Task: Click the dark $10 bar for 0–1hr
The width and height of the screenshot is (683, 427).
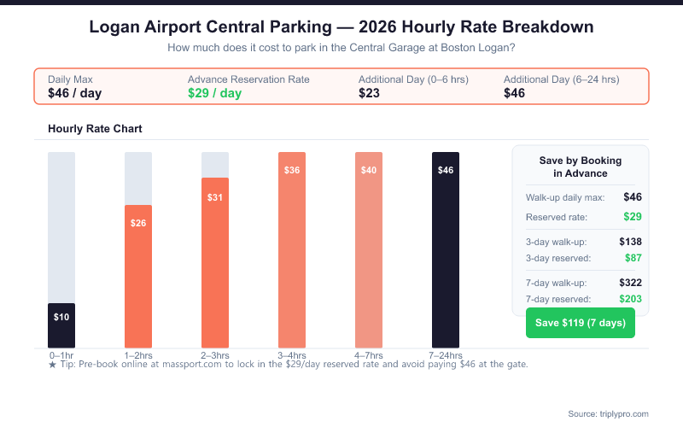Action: coord(61,325)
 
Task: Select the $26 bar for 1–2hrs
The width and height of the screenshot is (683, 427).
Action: coord(138,275)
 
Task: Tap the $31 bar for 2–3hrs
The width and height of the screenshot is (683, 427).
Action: coord(215,261)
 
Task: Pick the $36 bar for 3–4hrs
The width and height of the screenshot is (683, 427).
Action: coord(292,249)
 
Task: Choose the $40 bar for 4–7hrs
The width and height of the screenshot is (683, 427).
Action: coord(369,249)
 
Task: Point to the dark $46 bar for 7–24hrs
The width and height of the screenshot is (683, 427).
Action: coord(446,249)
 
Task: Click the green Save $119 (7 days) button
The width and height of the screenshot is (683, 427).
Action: coord(581,323)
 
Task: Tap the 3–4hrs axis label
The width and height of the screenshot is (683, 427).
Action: coord(292,355)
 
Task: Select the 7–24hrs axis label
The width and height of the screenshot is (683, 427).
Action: coord(446,355)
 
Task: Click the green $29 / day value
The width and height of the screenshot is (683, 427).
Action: coord(214,93)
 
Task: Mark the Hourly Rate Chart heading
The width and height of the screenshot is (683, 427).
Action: coord(95,129)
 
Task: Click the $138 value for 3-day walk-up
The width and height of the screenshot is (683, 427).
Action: coord(629,242)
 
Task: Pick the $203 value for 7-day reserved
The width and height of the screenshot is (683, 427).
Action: coord(629,299)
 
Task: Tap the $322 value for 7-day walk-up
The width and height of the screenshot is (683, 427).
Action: coord(629,283)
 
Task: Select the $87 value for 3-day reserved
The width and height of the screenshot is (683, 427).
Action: coord(631,258)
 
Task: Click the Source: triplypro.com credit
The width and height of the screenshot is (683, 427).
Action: coord(607,413)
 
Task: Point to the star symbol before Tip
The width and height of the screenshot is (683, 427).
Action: coord(52,365)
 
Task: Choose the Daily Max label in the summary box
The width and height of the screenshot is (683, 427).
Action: coord(70,79)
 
